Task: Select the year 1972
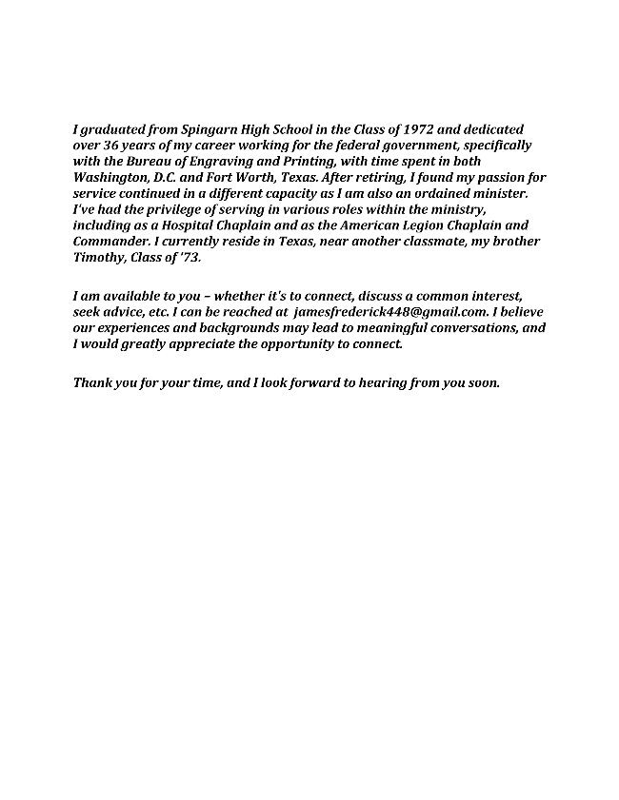click(396, 129)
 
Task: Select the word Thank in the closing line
click(92, 383)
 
